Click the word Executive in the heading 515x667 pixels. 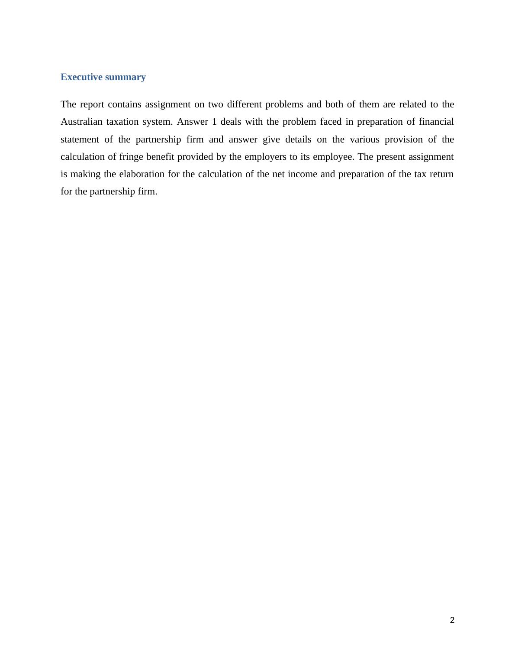(81, 77)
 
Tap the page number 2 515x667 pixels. (452, 620)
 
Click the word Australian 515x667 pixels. (81, 122)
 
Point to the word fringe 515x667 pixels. (132, 157)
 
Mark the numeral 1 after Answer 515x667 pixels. (214, 122)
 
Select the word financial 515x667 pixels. (436, 122)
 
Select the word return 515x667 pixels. (441, 174)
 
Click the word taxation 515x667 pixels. (122, 122)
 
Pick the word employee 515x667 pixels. (336, 157)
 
